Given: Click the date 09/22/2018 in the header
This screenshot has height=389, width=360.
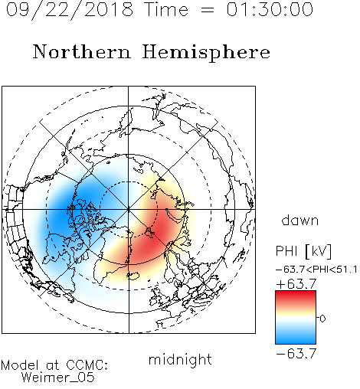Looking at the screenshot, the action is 70,10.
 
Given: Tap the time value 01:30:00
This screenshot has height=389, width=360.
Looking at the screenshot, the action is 270,9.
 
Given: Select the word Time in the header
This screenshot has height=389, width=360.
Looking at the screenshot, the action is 166,9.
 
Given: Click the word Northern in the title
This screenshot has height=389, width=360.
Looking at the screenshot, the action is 82,51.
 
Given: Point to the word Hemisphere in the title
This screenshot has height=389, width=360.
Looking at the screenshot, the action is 206,53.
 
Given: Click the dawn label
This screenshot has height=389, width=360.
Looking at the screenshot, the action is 300,220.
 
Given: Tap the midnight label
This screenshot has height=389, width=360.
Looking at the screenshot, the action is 180,360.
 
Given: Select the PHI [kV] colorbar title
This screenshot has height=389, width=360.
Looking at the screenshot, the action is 303,251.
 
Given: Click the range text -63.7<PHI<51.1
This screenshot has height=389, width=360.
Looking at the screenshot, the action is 316,270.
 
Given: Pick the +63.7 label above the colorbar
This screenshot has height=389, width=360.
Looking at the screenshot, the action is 296,284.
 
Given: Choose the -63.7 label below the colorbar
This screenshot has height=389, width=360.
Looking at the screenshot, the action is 296,354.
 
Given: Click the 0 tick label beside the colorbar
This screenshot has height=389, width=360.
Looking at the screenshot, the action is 322,319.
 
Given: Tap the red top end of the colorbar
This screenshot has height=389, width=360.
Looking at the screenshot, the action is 296,293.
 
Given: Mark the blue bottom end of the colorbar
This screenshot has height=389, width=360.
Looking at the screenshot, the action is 296,342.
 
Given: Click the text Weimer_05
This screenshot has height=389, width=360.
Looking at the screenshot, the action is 58,378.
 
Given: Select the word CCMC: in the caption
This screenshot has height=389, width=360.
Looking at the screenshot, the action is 87,365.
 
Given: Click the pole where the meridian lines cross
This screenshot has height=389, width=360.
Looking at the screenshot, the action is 129,209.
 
